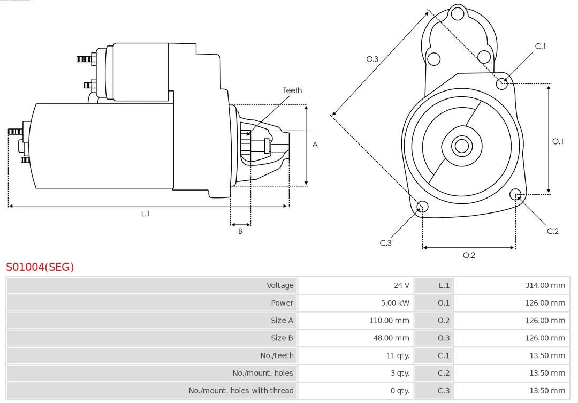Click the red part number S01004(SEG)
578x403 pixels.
click(x=40, y=267)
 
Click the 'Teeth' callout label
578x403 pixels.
click(x=292, y=90)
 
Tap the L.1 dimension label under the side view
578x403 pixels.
click(x=145, y=214)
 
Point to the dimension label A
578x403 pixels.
click(x=315, y=145)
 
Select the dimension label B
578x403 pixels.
click(x=240, y=231)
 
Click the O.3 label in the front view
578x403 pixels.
click(x=372, y=59)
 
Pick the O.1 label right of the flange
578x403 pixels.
click(x=558, y=141)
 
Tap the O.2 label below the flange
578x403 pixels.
click(x=469, y=255)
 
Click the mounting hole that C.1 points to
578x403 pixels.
click(x=501, y=83)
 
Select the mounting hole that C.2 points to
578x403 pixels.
click(x=515, y=194)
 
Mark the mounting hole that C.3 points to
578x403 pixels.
click(x=422, y=207)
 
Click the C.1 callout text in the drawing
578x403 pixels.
click(x=541, y=46)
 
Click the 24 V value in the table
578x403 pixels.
click(x=401, y=285)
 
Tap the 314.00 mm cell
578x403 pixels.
click(x=545, y=285)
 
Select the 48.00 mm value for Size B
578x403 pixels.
click(x=391, y=338)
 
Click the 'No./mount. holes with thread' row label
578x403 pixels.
click(x=241, y=391)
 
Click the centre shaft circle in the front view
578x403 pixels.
click(x=461, y=146)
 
